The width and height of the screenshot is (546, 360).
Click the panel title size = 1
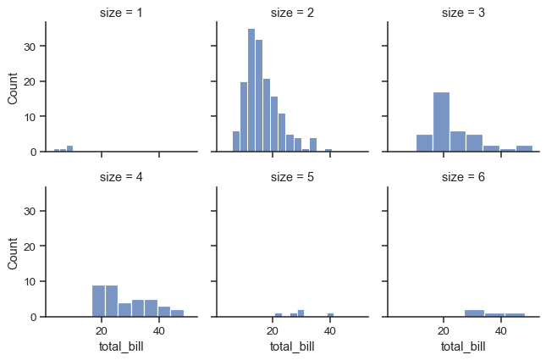point(122,13)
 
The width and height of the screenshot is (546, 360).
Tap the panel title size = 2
point(293,13)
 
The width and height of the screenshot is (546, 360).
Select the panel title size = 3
point(464,13)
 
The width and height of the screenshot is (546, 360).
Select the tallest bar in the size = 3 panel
point(441,122)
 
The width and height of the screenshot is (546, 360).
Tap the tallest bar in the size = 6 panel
point(474,313)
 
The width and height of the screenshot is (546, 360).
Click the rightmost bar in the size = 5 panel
point(330,315)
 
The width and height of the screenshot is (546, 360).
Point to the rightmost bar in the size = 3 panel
point(524,148)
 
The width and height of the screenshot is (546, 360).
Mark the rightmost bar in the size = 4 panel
point(177,313)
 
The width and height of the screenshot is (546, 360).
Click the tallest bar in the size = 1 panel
point(69,148)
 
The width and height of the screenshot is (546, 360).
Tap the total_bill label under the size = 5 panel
point(293,346)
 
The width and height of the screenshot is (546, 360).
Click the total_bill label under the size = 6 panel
point(464,346)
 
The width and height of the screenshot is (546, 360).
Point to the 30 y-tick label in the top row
point(28,46)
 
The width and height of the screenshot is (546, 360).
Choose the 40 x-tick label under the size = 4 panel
point(159,330)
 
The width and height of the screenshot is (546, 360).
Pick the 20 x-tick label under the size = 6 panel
point(443,330)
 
